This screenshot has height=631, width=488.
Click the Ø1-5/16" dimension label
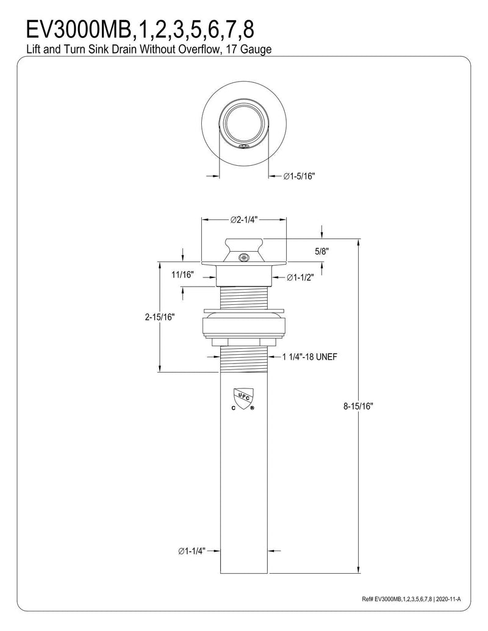coord(299,176)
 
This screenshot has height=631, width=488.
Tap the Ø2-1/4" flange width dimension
coord(244,219)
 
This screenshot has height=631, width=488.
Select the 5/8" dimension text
coord(322,252)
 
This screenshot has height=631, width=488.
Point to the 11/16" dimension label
coord(182,274)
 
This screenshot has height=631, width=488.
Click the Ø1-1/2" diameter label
coord(300,277)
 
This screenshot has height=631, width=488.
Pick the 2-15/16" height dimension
coord(160,317)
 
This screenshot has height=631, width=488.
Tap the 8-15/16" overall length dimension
coord(358,406)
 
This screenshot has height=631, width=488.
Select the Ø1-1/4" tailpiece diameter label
coord(192,551)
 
